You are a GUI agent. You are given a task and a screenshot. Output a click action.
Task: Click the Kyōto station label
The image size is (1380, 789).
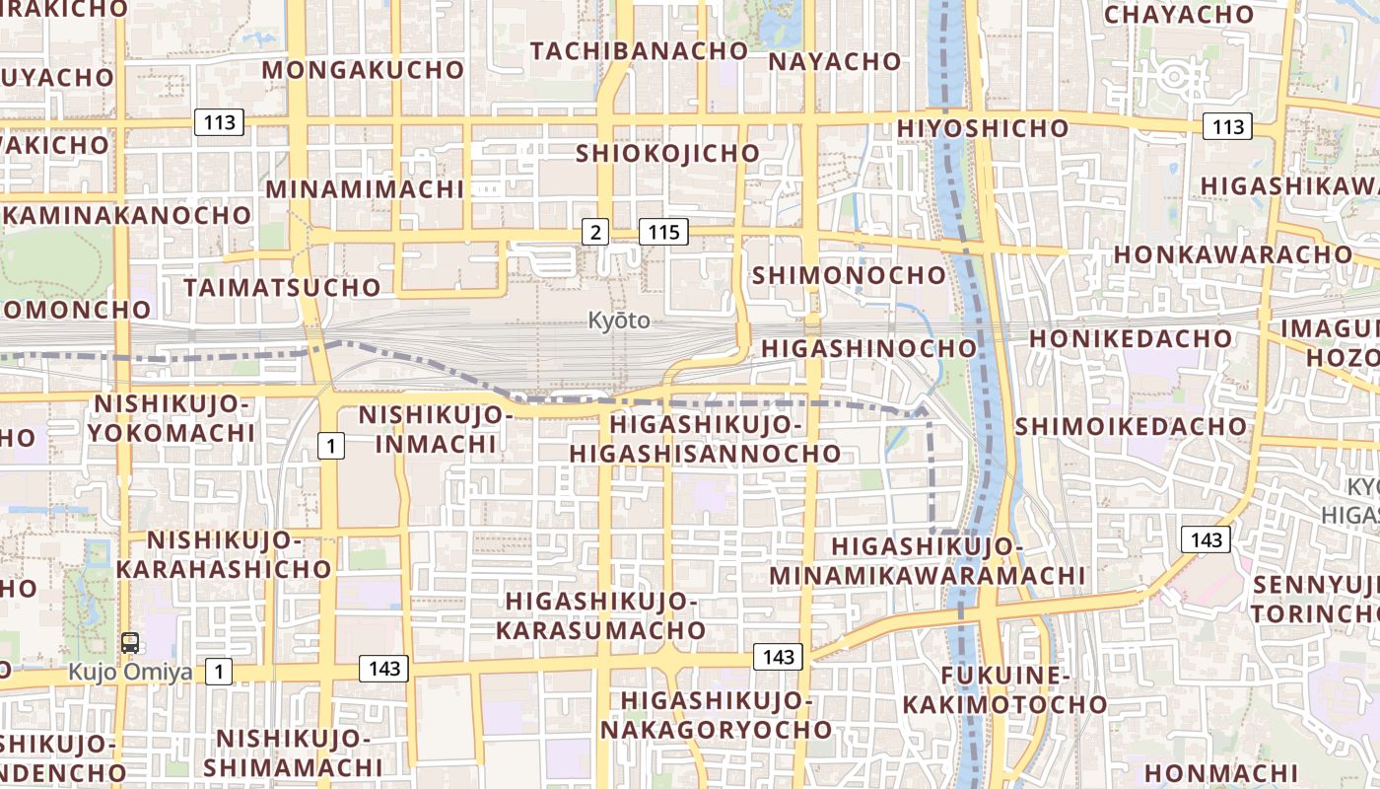click(619, 321)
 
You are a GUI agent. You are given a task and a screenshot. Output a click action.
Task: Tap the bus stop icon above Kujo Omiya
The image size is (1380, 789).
click(129, 643)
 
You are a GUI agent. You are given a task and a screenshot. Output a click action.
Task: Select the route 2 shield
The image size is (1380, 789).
click(594, 232)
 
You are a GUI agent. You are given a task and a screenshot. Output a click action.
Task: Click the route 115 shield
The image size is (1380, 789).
click(663, 232)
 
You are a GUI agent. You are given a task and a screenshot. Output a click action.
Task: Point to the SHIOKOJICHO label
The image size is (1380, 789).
click(667, 153)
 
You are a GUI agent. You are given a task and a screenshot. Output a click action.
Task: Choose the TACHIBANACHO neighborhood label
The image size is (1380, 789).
click(640, 50)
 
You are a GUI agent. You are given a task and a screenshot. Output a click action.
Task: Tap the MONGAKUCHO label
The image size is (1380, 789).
click(363, 69)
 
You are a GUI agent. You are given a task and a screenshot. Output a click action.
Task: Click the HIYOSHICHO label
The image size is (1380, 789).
click(983, 128)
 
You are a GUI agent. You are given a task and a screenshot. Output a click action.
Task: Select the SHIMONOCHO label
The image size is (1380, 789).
click(849, 275)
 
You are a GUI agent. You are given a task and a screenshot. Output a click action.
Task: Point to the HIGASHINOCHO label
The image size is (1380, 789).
click(868, 348)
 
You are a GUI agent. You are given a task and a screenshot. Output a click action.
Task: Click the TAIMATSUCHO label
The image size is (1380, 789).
click(282, 287)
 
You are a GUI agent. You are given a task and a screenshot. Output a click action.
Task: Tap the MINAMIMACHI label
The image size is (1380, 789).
click(365, 188)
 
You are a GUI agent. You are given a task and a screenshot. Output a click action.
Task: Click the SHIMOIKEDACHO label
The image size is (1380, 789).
click(1131, 426)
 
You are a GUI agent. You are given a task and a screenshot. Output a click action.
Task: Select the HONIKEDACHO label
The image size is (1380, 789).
click(1131, 338)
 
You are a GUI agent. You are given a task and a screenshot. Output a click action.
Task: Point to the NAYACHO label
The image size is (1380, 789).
click(834, 61)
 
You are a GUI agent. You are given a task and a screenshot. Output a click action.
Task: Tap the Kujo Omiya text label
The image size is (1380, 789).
click(130, 672)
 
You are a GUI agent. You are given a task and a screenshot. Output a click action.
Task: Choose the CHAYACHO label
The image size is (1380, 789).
click(1178, 15)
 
